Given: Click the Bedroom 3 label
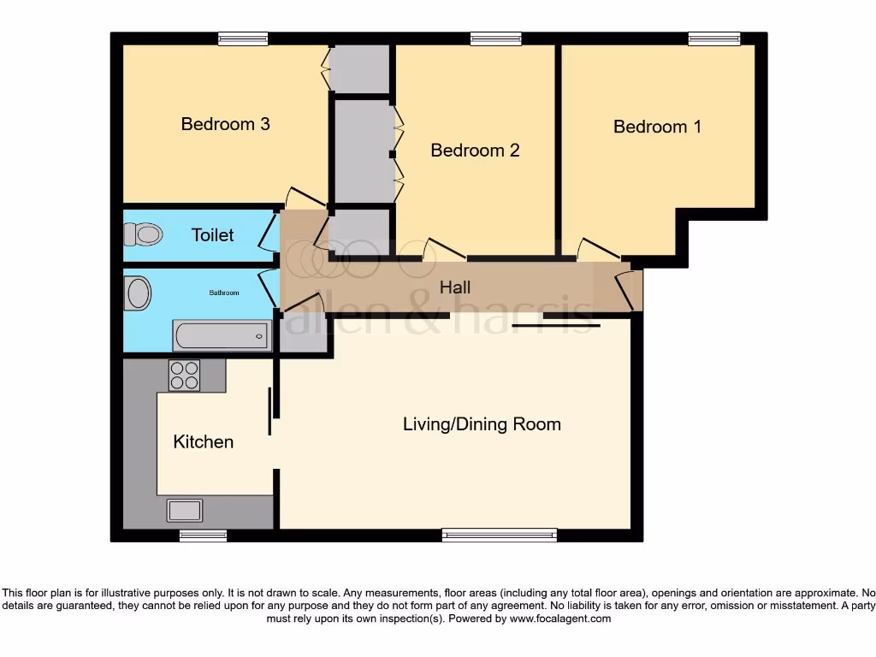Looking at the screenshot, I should pyautogui.click(x=225, y=124).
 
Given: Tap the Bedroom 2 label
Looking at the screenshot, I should pyautogui.click(x=475, y=151).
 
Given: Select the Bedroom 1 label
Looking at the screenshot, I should pyautogui.click(x=657, y=127).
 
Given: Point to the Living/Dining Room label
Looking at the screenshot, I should pyautogui.click(x=482, y=423).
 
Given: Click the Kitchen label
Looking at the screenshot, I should pyautogui.click(x=203, y=441).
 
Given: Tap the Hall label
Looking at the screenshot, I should pyautogui.click(x=455, y=287).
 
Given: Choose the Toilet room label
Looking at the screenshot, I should pyautogui.click(x=212, y=234).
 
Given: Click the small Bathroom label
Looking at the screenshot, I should pyautogui.click(x=224, y=293).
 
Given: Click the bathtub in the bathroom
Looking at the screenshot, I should pyautogui.click(x=222, y=335).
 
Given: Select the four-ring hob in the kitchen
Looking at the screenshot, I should pyautogui.click(x=184, y=376).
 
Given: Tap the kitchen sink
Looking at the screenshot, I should pyautogui.click(x=185, y=511).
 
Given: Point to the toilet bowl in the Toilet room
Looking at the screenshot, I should pyautogui.click(x=143, y=234).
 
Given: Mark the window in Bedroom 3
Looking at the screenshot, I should pyautogui.click(x=242, y=38).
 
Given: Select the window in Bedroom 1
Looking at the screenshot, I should pyautogui.click(x=714, y=38).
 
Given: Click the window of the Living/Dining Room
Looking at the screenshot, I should pyautogui.click(x=500, y=536).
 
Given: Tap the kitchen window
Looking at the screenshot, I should pyautogui.click(x=203, y=536).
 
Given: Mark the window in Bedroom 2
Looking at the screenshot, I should pyautogui.click(x=495, y=38).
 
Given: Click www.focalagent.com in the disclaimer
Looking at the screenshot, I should pyautogui.click(x=560, y=619).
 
